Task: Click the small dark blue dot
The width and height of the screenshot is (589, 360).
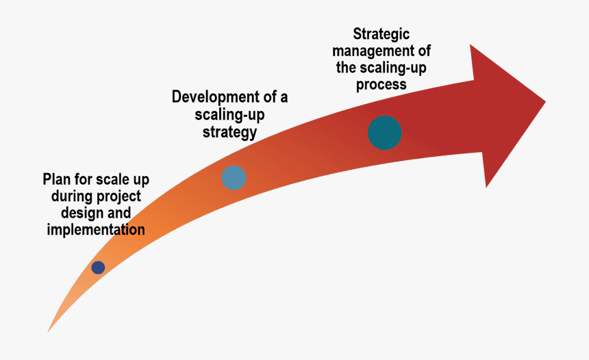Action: pyautogui.click(x=98, y=268)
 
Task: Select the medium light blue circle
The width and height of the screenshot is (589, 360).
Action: pyautogui.click(x=234, y=178)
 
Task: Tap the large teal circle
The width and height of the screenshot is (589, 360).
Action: pyautogui.click(x=384, y=133)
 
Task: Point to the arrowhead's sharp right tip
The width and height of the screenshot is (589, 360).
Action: pyautogui.click(x=544, y=103)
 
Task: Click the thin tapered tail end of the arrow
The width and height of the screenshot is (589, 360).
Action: pyautogui.click(x=49, y=330)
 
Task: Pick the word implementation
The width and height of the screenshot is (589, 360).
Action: pyautogui.click(x=96, y=230)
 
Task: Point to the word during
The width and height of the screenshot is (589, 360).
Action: pyautogui.click(x=71, y=197)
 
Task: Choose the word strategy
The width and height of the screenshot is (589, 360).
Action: pyautogui.click(x=229, y=131)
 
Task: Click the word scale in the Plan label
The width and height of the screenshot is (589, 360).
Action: pyautogui.click(x=114, y=180)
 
